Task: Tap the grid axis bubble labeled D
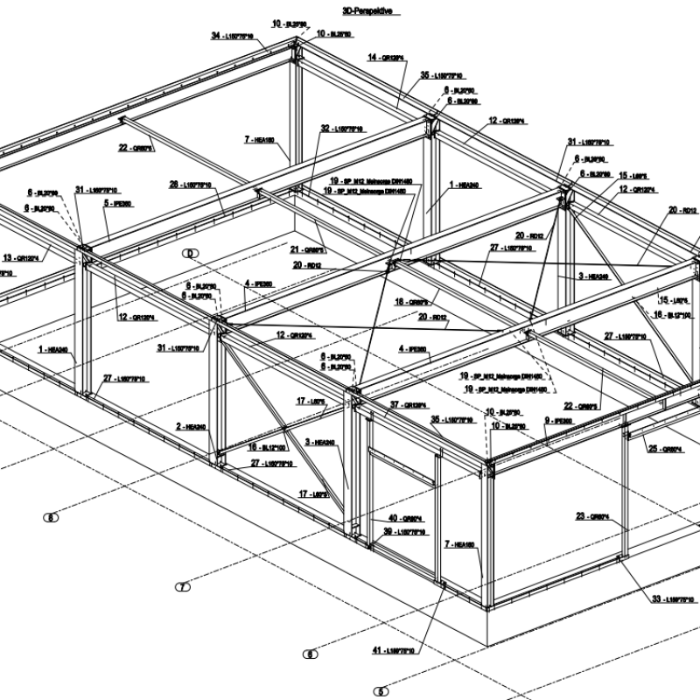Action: click(x=188, y=254)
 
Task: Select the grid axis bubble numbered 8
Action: click(x=52, y=517)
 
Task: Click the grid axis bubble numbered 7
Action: click(x=183, y=587)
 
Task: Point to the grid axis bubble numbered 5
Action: click(x=381, y=691)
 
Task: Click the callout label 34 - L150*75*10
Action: click(x=233, y=36)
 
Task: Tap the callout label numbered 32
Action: click(x=342, y=129)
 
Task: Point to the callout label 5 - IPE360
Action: click(x=117, y=203)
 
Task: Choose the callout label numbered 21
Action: click(x=308, y=248)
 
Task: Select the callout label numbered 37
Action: click(x=408, y=405)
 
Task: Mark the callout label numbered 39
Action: click(x=403, y=531)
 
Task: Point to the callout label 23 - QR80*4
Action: click(x=592, y=516)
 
